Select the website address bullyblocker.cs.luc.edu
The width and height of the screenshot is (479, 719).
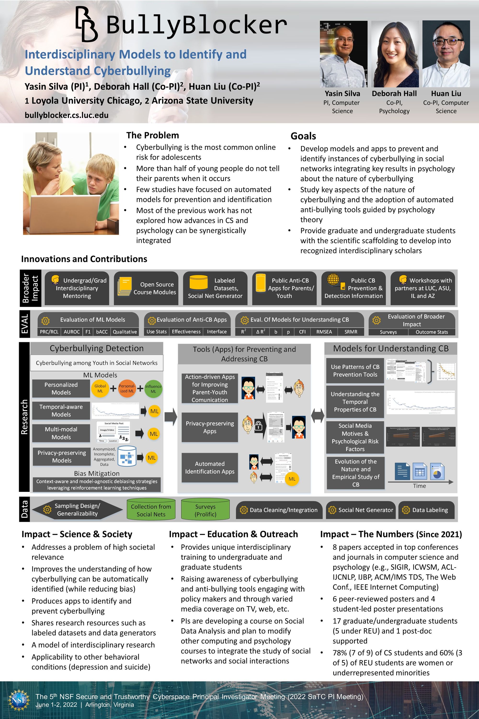[67, 115]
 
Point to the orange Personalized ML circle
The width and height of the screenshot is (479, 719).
[127, 388]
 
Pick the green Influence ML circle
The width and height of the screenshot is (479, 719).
[153, 389]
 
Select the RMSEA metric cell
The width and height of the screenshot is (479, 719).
[324, 332]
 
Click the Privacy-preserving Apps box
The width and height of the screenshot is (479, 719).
[210, 427]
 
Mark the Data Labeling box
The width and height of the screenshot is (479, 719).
[427, 510]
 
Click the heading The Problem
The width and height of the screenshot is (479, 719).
[152, 135]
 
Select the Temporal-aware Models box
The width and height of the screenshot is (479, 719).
[61, 411]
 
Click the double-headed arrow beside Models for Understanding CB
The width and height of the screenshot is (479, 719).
[317, 416]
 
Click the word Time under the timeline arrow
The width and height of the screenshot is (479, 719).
[419, 486]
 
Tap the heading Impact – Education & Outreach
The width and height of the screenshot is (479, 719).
[233, 534]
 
